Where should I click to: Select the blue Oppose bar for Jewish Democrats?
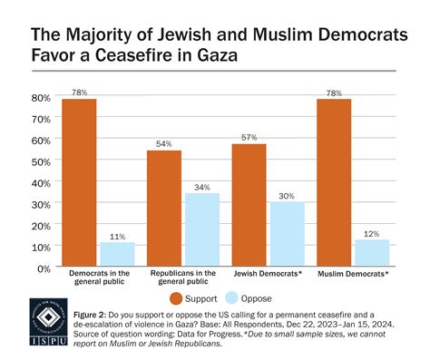click(x=286, y=235)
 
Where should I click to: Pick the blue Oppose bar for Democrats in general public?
click(x=117, y=255)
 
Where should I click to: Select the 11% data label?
click(x=117, y=236)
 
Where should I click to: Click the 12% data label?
click(x=371, y=234)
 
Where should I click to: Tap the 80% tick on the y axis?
click(x=40, y=97)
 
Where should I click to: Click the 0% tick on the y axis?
click(x=43, y=268)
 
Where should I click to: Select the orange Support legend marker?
click(x=175, y=298)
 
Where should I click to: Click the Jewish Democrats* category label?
click(x=267, y=273)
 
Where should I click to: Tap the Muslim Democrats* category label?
click(x=352, y=273)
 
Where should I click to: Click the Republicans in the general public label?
click(x=181, y=277)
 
